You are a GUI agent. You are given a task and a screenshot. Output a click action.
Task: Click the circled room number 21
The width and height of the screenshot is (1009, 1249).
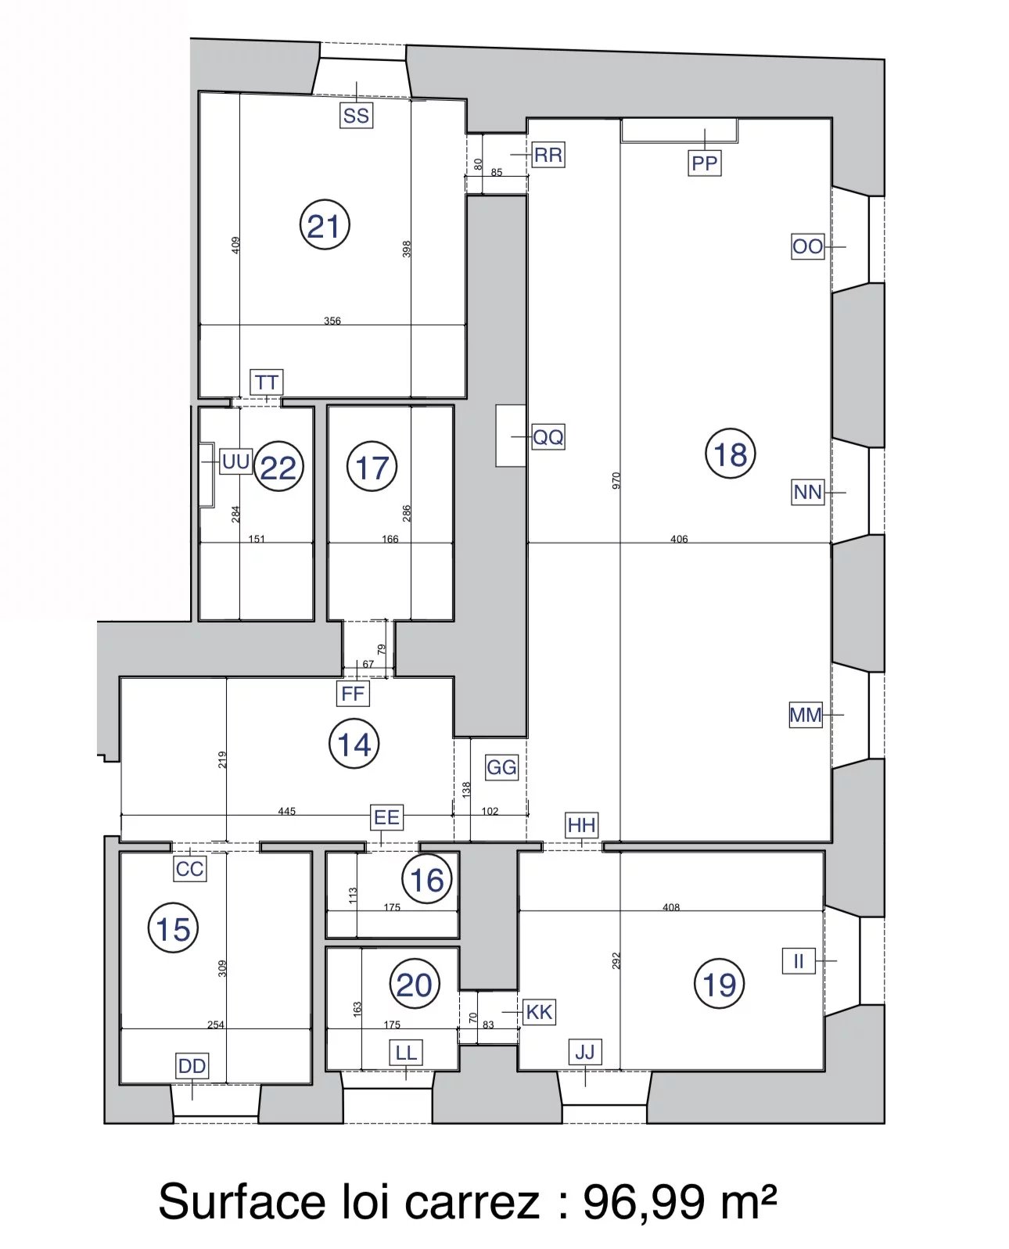[325, 225]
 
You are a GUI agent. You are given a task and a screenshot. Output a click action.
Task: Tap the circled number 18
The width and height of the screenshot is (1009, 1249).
[730, 454]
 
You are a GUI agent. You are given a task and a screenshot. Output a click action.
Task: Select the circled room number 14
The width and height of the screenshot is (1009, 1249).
[354, 744]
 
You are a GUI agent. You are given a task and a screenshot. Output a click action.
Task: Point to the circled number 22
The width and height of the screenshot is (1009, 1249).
[278, 467]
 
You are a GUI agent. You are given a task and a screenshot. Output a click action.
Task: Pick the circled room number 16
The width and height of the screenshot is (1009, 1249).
[426, 879]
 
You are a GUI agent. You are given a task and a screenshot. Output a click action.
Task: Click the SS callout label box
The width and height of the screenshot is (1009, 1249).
[356, 116]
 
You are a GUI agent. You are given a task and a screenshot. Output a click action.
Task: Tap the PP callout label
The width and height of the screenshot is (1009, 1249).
[704, 163]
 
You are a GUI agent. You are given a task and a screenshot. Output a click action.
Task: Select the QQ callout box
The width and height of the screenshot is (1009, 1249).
[548, 437]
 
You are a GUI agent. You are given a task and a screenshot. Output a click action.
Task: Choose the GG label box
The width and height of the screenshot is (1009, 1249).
[501, 767]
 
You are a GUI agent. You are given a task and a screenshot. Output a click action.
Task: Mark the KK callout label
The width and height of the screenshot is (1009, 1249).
[539, 1011]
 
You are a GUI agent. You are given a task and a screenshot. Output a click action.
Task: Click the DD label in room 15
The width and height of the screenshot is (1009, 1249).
[192, 1065]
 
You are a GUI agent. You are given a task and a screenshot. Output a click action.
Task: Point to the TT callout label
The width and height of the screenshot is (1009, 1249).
[266, 382]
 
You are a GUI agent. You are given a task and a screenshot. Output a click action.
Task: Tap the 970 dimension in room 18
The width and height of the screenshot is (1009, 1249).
[616, 481]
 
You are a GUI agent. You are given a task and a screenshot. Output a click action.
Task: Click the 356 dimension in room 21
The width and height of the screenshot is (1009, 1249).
[332, 321]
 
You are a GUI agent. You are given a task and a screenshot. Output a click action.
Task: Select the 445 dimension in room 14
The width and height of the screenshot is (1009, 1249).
[286, 811]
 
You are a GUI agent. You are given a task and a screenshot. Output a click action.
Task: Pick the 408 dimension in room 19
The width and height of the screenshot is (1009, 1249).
[671, 907]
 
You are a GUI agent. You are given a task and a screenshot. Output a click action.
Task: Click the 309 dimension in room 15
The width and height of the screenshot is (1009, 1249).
[221, 967]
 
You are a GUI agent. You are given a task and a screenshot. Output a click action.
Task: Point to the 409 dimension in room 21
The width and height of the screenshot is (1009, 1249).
[235, 245]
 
